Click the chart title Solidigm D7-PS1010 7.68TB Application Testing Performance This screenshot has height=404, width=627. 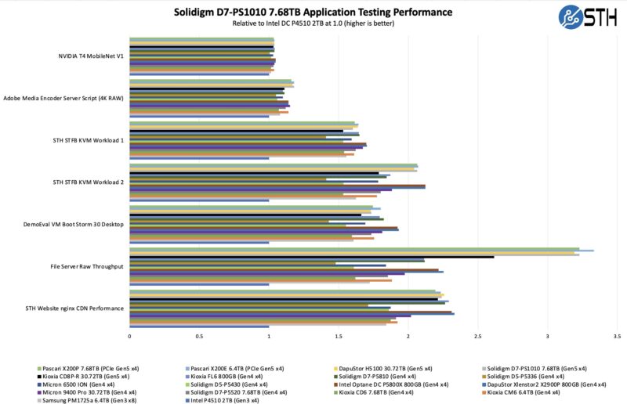click(x=313, y=12)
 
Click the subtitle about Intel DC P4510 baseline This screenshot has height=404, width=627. click(x=313, y=23)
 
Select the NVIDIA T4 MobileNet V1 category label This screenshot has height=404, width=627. click(x=91, y=56)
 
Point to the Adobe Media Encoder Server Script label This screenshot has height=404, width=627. click(x=63, y=98)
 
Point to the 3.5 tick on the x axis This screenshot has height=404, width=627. click(x=618, y=336)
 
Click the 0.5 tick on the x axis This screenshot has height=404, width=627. click(x=199, y=336)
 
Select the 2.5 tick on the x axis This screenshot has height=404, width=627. click(x=478, y=336)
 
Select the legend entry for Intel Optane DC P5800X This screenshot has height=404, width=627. click(x=393, y=384)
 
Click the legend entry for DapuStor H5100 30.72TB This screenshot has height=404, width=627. click(x=389, y=368)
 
